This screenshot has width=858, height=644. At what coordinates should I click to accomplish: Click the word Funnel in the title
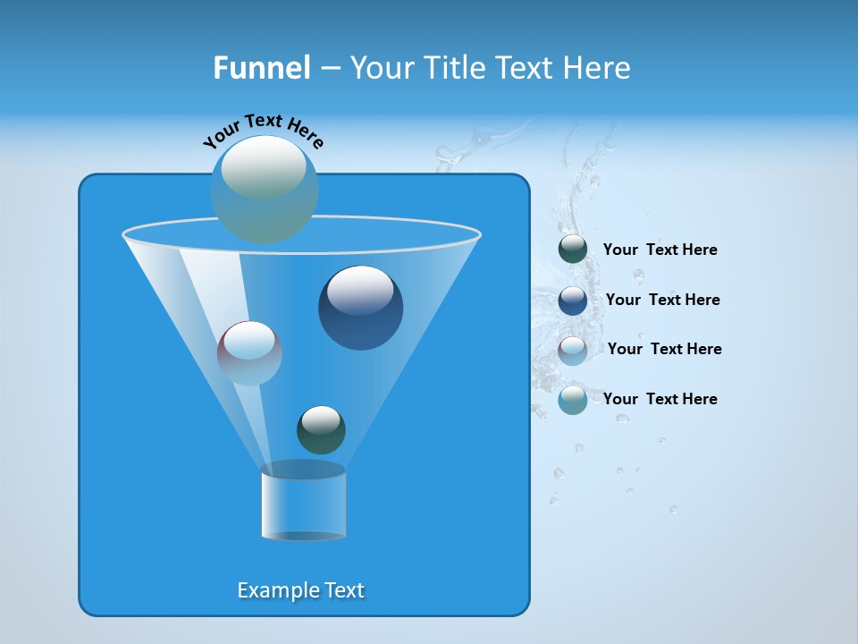click(261, 68)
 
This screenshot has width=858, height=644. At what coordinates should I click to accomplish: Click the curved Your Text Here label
click(263, 131)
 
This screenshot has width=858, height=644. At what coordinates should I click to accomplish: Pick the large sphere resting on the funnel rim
click(265, 189)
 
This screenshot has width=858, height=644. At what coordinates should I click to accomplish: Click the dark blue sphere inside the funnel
click(360, 308)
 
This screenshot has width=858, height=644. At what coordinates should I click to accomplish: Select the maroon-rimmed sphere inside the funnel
click(249, 352)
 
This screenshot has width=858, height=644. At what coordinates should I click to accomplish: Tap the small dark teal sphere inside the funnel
click(321, 429)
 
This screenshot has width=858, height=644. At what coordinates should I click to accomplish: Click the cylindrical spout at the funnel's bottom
click(303, 503)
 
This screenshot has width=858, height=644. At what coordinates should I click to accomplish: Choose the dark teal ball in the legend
click(573, 250)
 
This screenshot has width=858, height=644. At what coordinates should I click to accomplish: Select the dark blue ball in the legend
click(573, 301)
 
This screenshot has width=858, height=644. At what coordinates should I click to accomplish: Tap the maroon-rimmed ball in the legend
click(573, 351)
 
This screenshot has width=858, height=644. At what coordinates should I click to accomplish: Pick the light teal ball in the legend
click(573, 400)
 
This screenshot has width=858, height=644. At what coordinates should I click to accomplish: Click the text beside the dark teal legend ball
click(660, 250)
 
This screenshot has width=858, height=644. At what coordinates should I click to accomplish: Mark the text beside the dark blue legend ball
click(662, 300)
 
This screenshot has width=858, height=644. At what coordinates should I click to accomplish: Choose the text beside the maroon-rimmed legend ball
click(664, 349)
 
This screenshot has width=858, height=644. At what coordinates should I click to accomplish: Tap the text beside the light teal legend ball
click(660, 399)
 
